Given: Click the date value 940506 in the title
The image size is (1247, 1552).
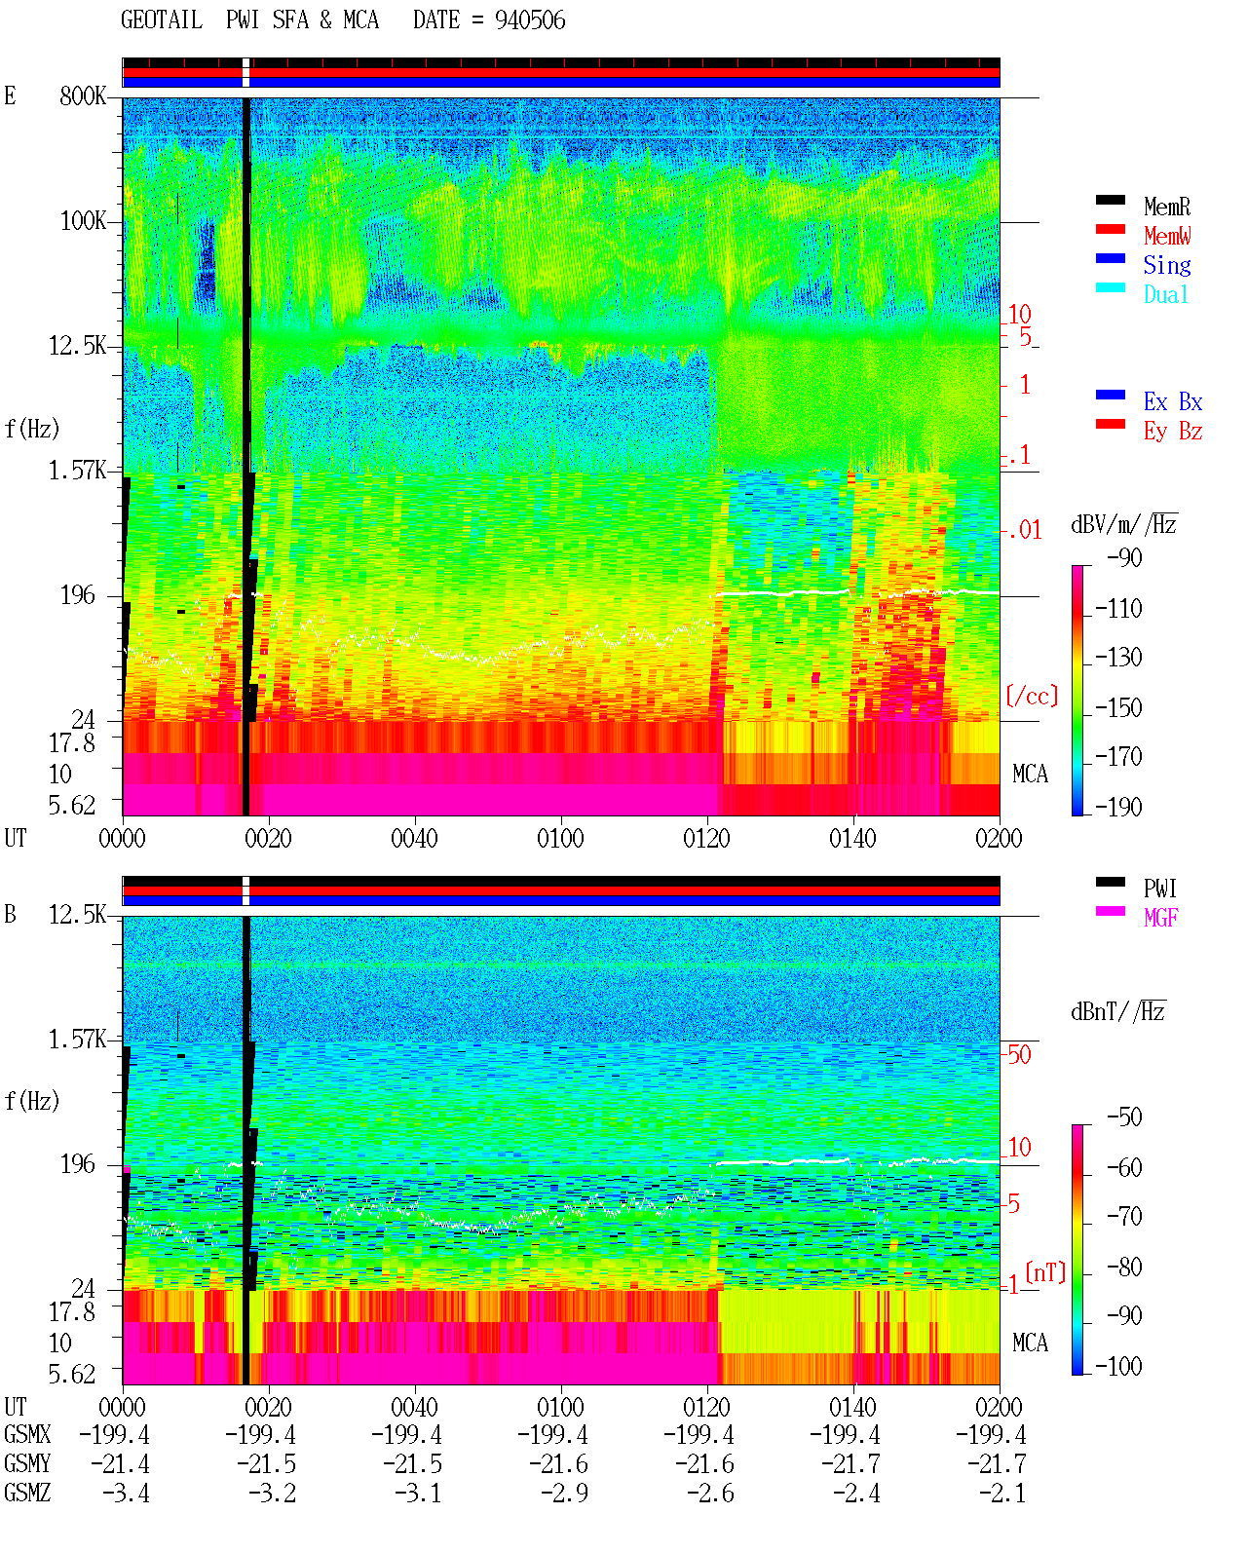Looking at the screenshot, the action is pyautogui.click(x=530, y=20).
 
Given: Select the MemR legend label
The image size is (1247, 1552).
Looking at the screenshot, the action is pyautogui.click(x=1167, y=207).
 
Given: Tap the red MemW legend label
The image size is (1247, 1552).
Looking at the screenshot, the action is pyautogui.click(x=1167, y=236).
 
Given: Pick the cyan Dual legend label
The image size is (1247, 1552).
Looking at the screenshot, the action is pyautogui.click(x=1166, y=294).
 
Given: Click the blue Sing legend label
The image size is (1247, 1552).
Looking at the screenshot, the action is pyautogui.click(x=1167, y=265).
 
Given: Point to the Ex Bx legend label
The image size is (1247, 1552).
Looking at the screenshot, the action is pyautogui.click(x=1173, y=401).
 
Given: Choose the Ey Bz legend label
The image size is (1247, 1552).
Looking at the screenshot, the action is pyautogui.click(x=1173, y=432).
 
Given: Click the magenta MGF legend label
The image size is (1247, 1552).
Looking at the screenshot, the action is pyautogui.click(x=1161, y=918).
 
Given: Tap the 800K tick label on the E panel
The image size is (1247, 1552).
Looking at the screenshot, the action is pyautogui.click(x=83, y=95).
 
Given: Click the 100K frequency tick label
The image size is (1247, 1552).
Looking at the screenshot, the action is pyautogui.click(x=83, y=221).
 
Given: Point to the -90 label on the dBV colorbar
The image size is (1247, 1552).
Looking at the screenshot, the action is pyautogui.click(x=1124, y=557).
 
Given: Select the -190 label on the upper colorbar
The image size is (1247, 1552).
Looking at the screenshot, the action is pyautogui.click(x=1118, y=807).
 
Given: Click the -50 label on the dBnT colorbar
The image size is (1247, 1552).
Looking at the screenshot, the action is pyautogui.click(x=1124, y=1117).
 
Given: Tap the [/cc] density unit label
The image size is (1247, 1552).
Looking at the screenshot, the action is pyautogui.click(x=1032, y=696).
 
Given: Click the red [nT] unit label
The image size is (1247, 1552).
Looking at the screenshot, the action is pyautogui.click(x=1045, y=1272).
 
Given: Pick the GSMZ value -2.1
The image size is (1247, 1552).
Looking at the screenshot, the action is pyautogui.click(x=1001, y=1493).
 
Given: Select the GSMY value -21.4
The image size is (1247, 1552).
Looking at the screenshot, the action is pyautogui.click(x=120, y=1464).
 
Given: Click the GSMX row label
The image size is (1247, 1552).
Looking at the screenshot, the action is pyautogui.click(x=27, y=1434).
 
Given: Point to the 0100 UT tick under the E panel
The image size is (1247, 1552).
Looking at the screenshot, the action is pyautogui.click(x=560, y=839).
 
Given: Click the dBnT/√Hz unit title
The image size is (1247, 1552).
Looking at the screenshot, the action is pyautogui.click(x=1118, y=1012).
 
